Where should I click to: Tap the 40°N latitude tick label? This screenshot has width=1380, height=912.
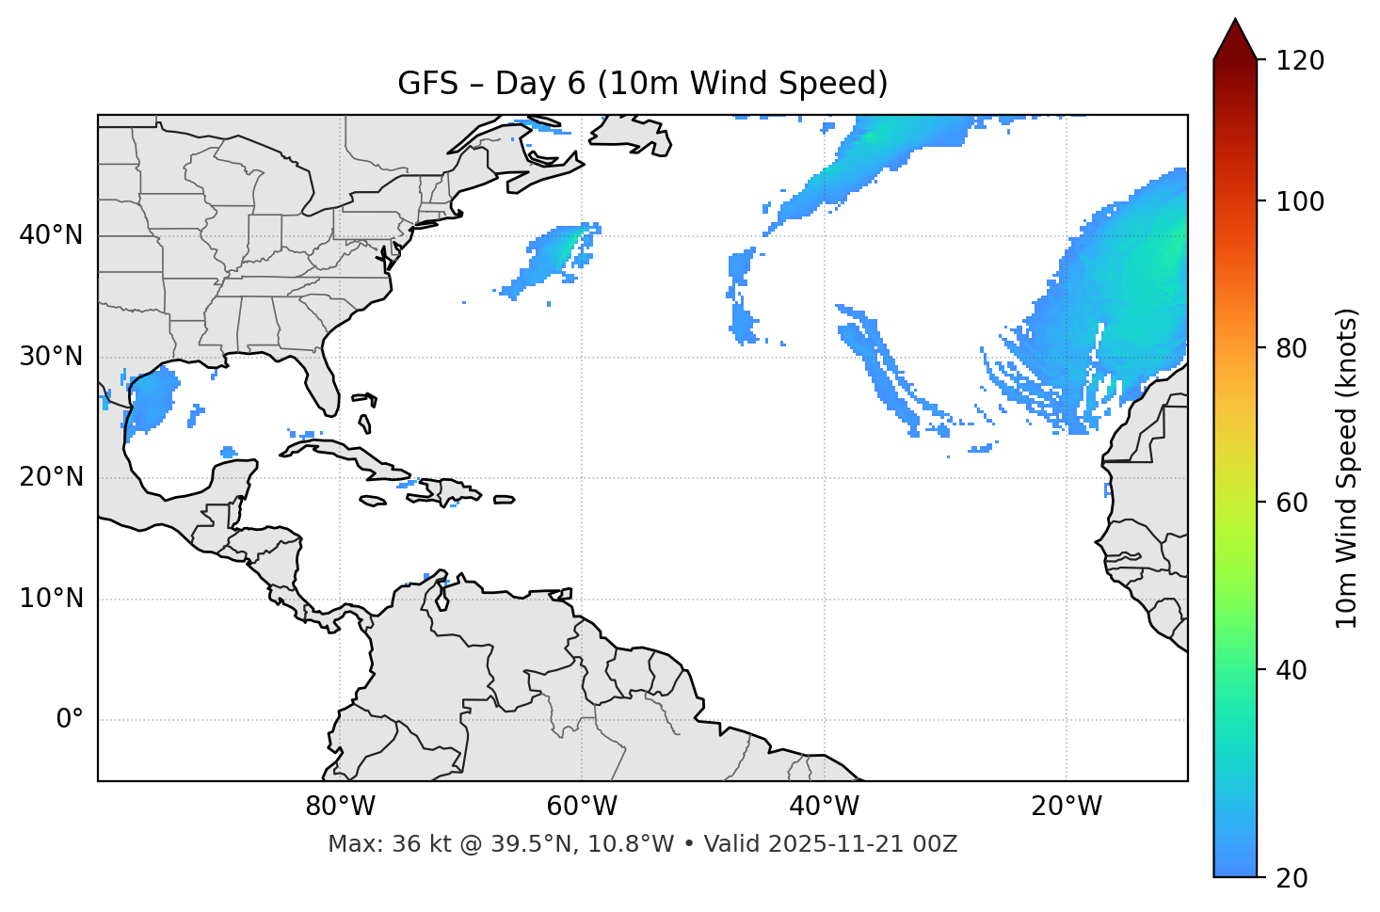(51, 235)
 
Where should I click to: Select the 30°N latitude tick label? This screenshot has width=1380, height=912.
(51, 357)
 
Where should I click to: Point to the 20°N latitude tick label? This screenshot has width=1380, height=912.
(51, 477)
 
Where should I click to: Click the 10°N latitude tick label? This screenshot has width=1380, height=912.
(51, 599)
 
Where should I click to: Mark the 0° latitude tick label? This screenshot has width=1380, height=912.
(70, 720)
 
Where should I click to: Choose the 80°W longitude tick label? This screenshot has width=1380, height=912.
(340, 807)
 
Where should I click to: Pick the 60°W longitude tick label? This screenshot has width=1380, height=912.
(582, 807)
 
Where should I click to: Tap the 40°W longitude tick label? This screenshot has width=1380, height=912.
(824, 807)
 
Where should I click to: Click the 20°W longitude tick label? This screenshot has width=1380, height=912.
(1066, 807)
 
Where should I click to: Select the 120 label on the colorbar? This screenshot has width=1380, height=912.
(1300, 61)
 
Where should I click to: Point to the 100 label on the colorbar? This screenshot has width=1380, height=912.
(1300, 201)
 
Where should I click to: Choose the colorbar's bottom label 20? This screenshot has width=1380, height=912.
(1292, 878)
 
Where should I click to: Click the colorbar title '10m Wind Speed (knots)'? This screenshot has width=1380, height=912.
(1347, 468)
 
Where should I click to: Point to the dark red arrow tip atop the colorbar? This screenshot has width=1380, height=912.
(1235, 38)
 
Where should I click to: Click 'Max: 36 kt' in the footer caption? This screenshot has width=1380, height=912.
(372, 844)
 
